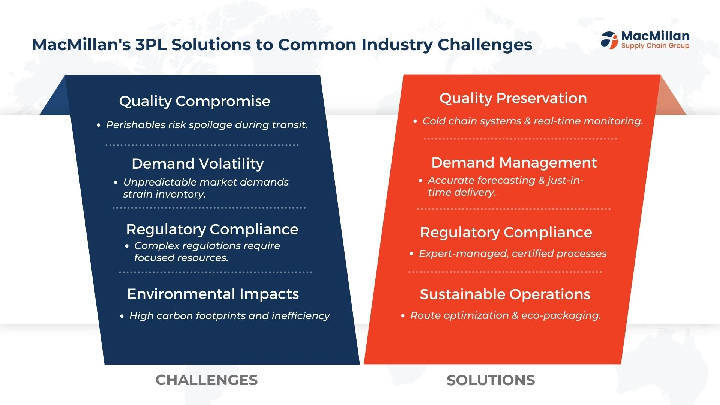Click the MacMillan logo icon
(x=609, y=40)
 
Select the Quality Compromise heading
(x=195, y=101)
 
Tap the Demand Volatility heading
(x=198, y=164)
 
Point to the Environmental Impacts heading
(x=213, y=294)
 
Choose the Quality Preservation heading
(x=513, y=98)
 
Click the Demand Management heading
(x=514, y=163)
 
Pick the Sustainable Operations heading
(x=505, y=294)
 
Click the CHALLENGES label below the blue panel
(x=207, y=380)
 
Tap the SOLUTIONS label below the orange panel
(x=490, y=380)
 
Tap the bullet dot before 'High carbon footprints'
(x=121, y=316)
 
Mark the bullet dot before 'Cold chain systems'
(x=415, y=121)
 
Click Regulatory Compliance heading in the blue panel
(x=212, y=229)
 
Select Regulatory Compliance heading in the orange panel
(x=506, y=232)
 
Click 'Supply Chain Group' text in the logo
(x=655, y=46)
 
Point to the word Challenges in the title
(x=485, y=45)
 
